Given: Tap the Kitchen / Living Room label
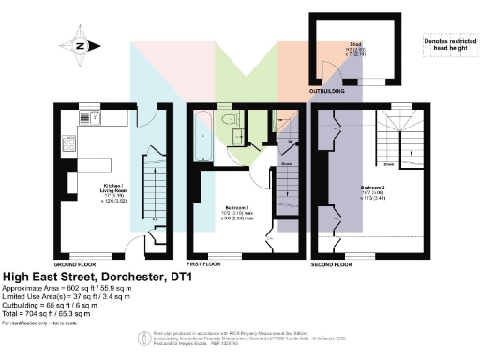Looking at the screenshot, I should click(x=110, y=187).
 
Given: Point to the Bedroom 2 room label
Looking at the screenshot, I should click(x=372, y=193).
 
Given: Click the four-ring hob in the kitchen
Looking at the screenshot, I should click(x=69, y=143).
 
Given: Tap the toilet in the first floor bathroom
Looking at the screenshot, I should click(x=228, y=119).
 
